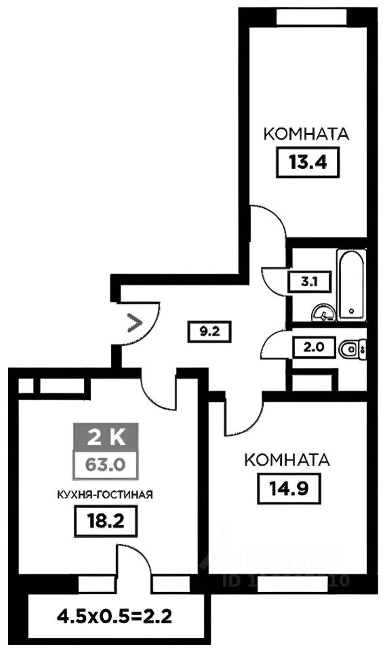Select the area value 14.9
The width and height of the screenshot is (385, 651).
(x=286, y=488)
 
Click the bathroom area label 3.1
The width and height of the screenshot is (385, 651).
(x=303, y=280)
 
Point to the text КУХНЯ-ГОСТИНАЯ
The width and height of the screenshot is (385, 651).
(x=104, y=494)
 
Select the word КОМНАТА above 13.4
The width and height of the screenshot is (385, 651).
(x=306, y=134)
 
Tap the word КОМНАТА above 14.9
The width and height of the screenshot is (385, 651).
(x=286, y=460)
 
